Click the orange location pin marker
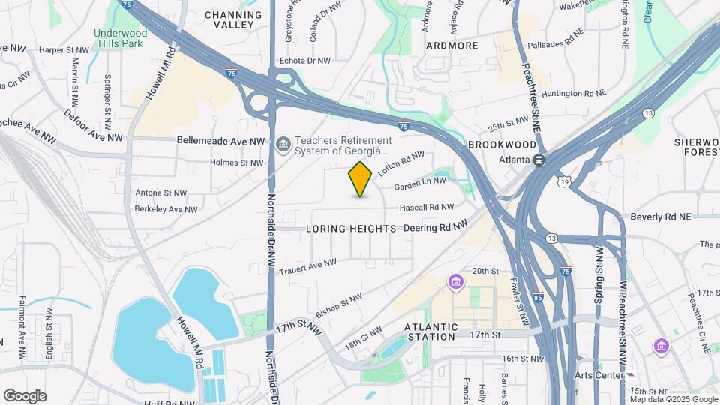[x=361, y=178]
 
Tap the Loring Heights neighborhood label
[x=351, y=228]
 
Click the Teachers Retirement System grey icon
[x=283, y=145]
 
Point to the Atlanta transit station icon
[x=538, y=160]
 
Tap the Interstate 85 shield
[x=538, y=298]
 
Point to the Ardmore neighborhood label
[x=451, y=46]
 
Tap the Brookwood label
[x=502, y=145]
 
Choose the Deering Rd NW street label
[x=436, y=226]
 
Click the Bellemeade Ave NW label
[x=221, y=140]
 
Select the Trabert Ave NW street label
[x=307, y=266]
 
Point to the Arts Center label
[x=598, y=375]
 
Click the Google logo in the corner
[x=25, y=395]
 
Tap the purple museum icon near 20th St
[x=455, y=282]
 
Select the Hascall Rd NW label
[x=426, y=207]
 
